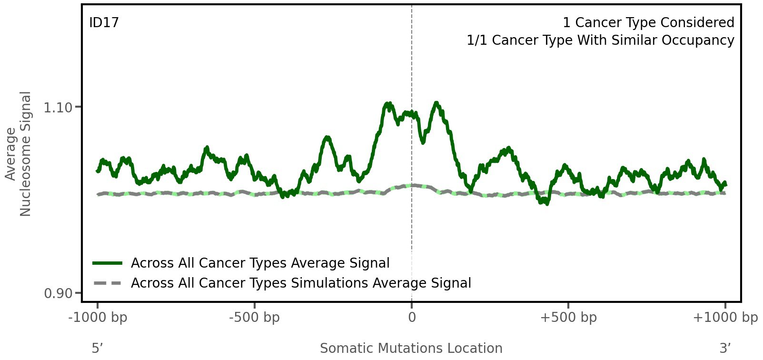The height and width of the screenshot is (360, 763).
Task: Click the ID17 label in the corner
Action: coord(104,23)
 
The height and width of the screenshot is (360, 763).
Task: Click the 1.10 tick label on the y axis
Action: coord(58,108)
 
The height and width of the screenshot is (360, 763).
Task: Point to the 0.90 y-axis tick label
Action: coord(58,293)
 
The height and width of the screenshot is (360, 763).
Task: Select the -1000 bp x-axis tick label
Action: coord(98,318)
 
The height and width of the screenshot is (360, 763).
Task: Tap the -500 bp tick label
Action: coord(254,318)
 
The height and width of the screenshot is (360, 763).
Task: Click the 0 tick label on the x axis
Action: coord(412,318)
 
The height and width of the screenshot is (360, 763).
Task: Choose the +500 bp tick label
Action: coord(568,318)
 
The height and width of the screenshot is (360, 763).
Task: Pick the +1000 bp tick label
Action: coord(725,318)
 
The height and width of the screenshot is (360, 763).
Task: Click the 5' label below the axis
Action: coord(97,349)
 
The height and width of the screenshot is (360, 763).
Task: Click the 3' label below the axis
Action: coord(725,349)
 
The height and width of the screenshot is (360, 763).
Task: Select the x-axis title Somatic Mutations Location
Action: coord(411,349)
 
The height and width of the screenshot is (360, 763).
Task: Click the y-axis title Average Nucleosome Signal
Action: coord(19,153)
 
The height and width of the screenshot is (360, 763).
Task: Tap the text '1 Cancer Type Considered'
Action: coord(648,23)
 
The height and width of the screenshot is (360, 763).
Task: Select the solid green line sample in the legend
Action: coord(108,263)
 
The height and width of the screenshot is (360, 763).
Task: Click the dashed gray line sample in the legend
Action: coord(108,283)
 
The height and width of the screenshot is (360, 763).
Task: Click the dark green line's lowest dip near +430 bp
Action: coord(546,203)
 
